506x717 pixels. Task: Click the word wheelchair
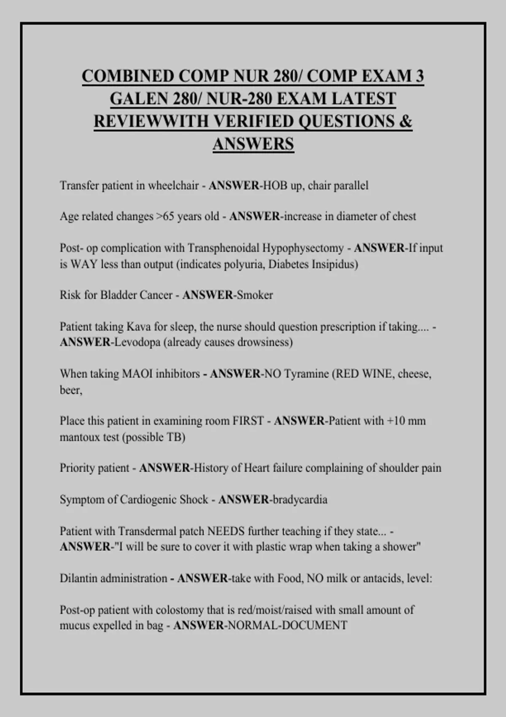[173, 186]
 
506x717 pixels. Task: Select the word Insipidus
[334, 264]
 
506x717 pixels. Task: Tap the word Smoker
[255, 295]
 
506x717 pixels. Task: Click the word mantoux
[79, 437]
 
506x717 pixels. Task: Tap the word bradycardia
[300, 500]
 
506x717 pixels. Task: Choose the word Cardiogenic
[148, 500]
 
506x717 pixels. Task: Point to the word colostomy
[179, 610]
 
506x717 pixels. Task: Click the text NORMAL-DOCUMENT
[287, 625]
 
